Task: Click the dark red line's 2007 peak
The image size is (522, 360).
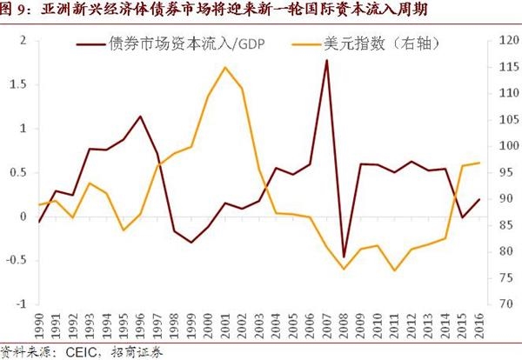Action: click(327, 60)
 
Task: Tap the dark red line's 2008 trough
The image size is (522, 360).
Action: click(344, 257)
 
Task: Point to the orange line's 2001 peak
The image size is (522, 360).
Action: click(225, 67)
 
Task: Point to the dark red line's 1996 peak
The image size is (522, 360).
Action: click(141, 116)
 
